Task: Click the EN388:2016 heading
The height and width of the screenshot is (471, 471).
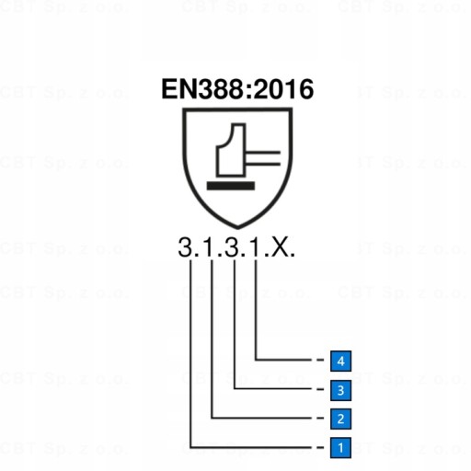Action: pos(237,89)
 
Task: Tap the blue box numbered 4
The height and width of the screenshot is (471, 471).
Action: pos(340,361)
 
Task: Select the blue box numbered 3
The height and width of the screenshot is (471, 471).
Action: pos(340,390)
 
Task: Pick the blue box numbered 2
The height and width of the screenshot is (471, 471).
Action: pos(340,419)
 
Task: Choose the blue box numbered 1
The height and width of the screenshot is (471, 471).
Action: pos(340,448)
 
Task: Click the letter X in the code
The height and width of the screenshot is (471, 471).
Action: pos(279,247)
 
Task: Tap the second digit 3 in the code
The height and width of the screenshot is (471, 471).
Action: pos(232,247)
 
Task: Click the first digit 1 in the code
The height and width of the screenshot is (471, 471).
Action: pos(208,247)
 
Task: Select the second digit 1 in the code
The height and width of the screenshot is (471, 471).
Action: pos(256,247)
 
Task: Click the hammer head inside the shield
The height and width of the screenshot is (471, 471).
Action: pos(232,150)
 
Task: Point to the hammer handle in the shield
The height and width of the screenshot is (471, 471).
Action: pos(263,158)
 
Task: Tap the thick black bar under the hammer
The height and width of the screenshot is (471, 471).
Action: pos(231,186)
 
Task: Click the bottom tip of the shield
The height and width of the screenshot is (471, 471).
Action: pos(237,228)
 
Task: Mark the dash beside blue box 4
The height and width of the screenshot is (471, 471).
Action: pos(320,360)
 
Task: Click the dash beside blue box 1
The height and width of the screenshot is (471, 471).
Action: pos(320,448)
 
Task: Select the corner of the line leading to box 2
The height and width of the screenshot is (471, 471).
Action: pos(212,418)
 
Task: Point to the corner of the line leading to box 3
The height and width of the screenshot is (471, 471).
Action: pos(235,389)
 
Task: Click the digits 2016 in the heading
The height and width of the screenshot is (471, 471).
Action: pos(283,89)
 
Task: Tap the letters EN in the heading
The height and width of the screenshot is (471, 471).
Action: pos(178,89)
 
